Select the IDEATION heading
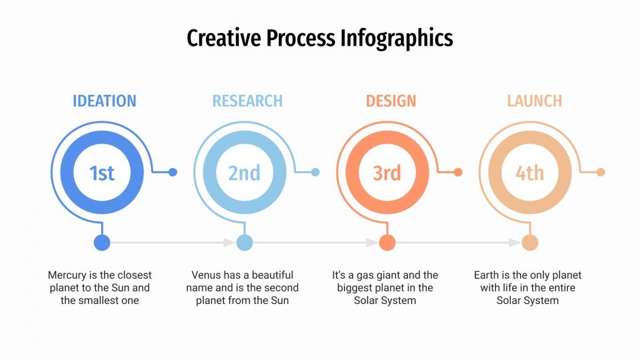click(x=104, y=101)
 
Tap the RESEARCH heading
click(x=247, y=101)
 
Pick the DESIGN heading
click(x=391, y=101)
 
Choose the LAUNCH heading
click(x=534, y=101)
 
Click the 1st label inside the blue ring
click(x=102, y=173)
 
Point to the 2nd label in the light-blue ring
click(x=244, y=173)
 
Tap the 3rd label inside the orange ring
click(x=387, y=173)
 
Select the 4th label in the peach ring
click(x=530, y=173)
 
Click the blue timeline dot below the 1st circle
click(x=102, y=242)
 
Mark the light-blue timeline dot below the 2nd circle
click(x=244, y=242)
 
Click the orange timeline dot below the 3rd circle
click(x=387, y=242)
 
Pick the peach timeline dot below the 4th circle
click(x=530, y=242)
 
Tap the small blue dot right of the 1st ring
click(x=173, y=172)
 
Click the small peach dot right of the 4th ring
click(x=601, y=172)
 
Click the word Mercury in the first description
click(x=67, y=275)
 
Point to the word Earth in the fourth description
click(x=487, y=275)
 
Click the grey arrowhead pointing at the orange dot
click(x=371, y=242)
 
